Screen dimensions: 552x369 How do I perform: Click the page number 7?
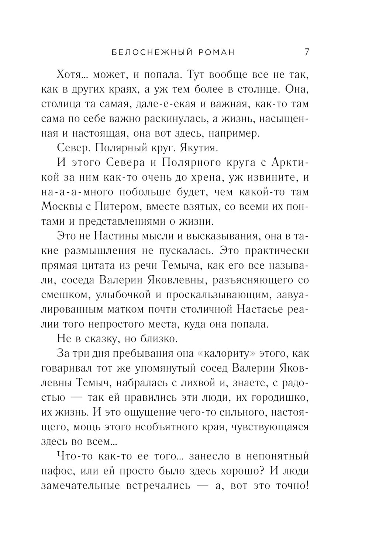click(x=307, y=52)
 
